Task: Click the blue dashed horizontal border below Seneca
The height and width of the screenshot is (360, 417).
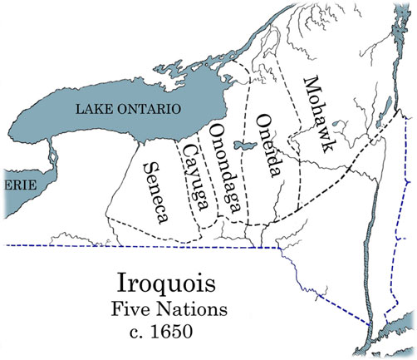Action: pos(125,247)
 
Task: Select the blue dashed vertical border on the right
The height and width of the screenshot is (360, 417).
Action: pos(404,208)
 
